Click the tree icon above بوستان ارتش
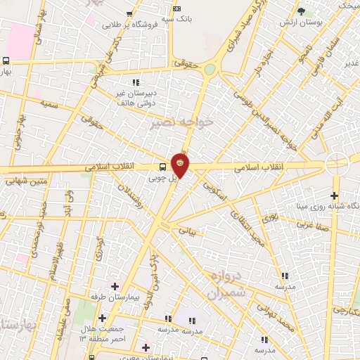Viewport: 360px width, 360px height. pyautogui.click(x=301, y=11)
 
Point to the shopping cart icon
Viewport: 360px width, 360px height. pyautogui.click(x=130, y=13)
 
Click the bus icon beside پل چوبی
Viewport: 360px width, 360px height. pyautogui.click(x=163, y=167)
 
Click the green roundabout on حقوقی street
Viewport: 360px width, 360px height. pyautogui.click(x=211, y=69)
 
